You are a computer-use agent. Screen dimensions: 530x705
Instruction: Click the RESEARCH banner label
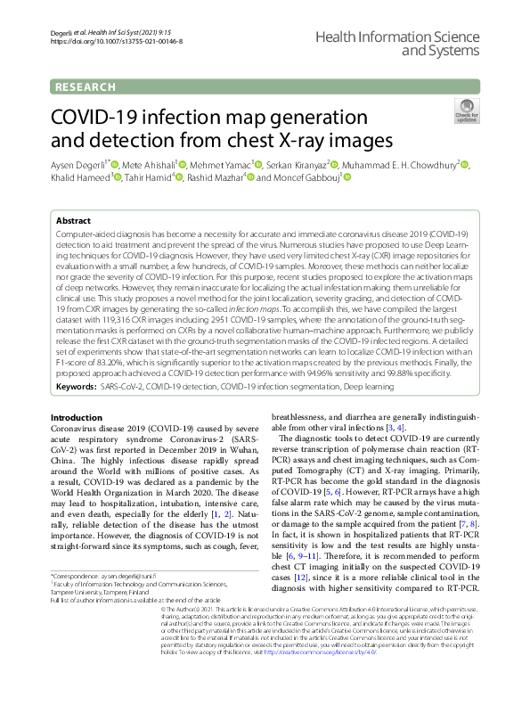tap(85, 86)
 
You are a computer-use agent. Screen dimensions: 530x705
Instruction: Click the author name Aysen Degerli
tap(75, 165)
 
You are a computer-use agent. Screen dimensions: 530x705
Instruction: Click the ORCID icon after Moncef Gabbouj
tap(347, 178)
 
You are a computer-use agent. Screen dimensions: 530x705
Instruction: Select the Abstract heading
tap(73, 219)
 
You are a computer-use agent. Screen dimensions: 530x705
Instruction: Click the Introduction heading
tap(76, 417)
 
